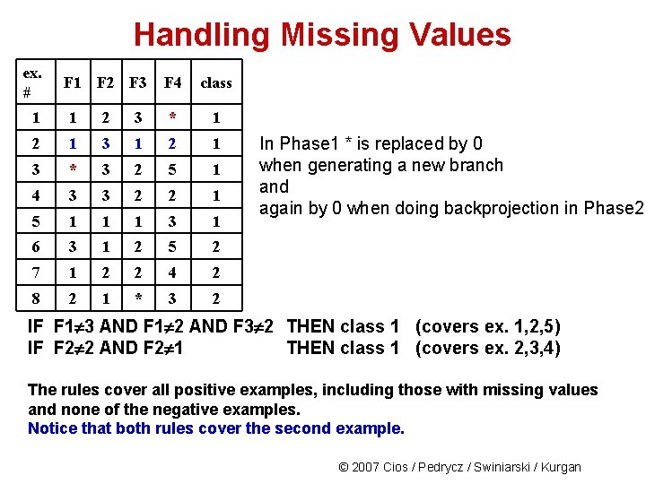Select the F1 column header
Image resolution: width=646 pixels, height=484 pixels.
point(73,82)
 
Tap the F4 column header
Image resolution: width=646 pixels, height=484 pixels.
point(173,82)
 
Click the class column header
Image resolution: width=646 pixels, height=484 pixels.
point(216,82)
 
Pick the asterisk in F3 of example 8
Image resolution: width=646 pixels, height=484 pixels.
point(138,298)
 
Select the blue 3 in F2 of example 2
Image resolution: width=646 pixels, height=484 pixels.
point(105,143)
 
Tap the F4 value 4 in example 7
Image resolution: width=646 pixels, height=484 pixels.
point(173,272)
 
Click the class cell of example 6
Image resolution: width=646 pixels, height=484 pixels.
point(216,246)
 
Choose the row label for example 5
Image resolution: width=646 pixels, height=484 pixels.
point(35,220)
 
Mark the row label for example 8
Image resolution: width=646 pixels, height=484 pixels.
point(35,298)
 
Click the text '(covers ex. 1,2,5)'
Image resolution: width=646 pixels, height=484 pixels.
point(489,327)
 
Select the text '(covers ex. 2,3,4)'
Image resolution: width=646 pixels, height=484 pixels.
point(489,348)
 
